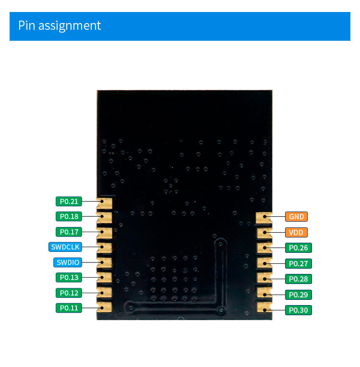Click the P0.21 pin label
coord(69,201)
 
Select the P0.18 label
coord(69,216)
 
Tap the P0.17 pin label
coord(69,232)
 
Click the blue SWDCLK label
coord(65,247)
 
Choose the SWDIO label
coord(68,262)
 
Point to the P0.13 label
coord(69,277)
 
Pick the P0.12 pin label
coord(69,293)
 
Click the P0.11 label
coord(69,308)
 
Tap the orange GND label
coord(296,216)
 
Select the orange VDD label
coord(296,232)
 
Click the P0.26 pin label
coord(299,248)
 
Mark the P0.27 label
coord(299,263)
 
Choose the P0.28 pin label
coord(299,279)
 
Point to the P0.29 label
coord(299,295)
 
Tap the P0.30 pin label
coord(299,310)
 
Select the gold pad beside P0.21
coord(105,203)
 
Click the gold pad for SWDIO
coord(105,263)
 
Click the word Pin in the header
coord(26,25)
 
